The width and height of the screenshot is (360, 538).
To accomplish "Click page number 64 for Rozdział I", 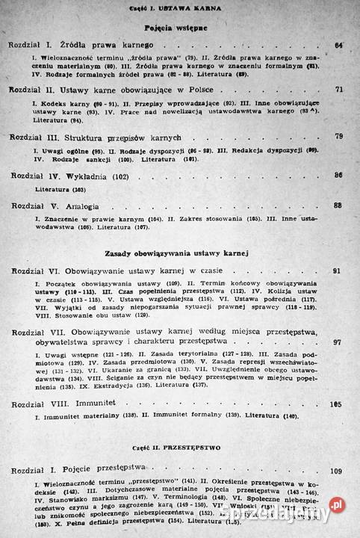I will [x=338, y=46].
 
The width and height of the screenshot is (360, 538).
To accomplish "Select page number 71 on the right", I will [x=338, y=90].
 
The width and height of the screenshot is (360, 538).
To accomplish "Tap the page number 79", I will [x=338, y=137].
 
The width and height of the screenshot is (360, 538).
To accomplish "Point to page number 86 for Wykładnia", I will [x=338, y=175].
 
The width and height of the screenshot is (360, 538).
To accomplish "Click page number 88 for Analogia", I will [x=338, y=205].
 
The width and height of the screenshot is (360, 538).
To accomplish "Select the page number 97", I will [x=338, y=341].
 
